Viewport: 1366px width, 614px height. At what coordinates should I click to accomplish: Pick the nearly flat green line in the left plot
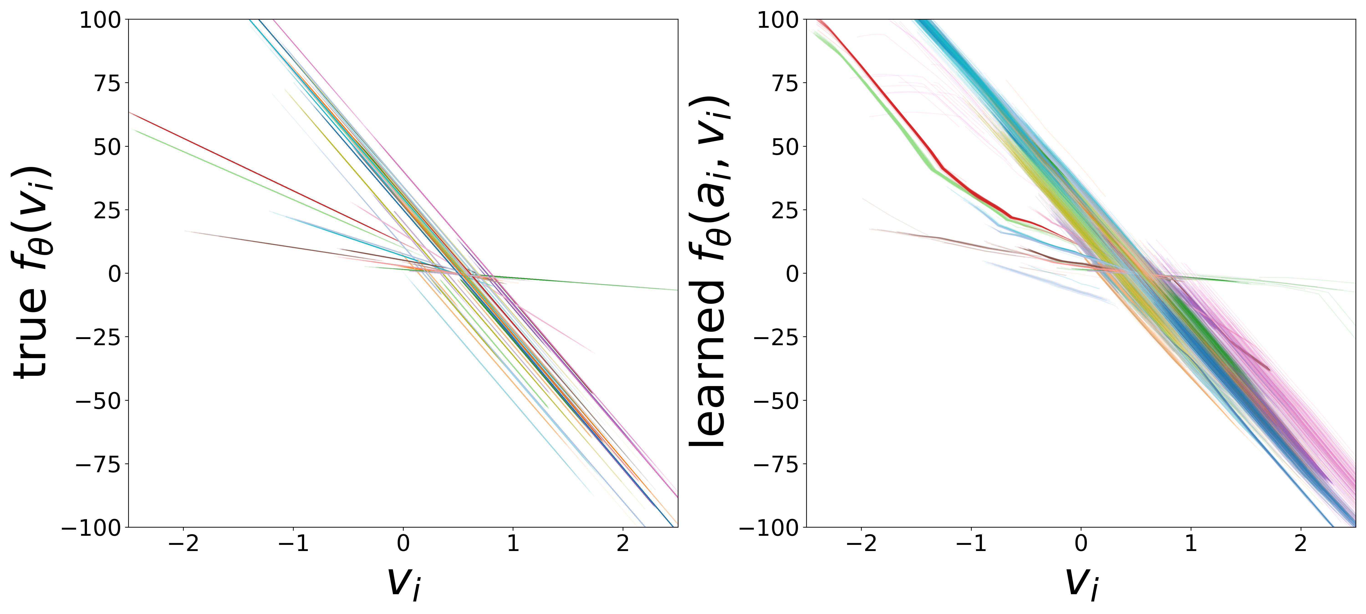coord(583,282)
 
